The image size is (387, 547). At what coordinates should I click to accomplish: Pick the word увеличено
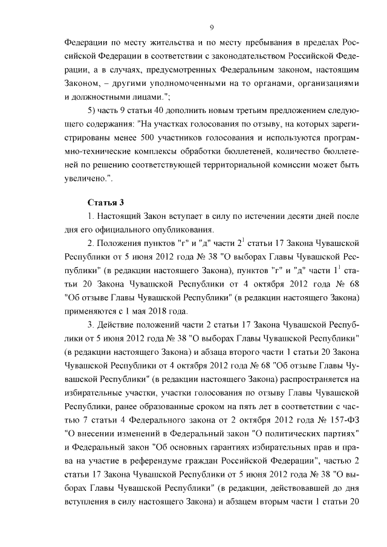86,178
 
